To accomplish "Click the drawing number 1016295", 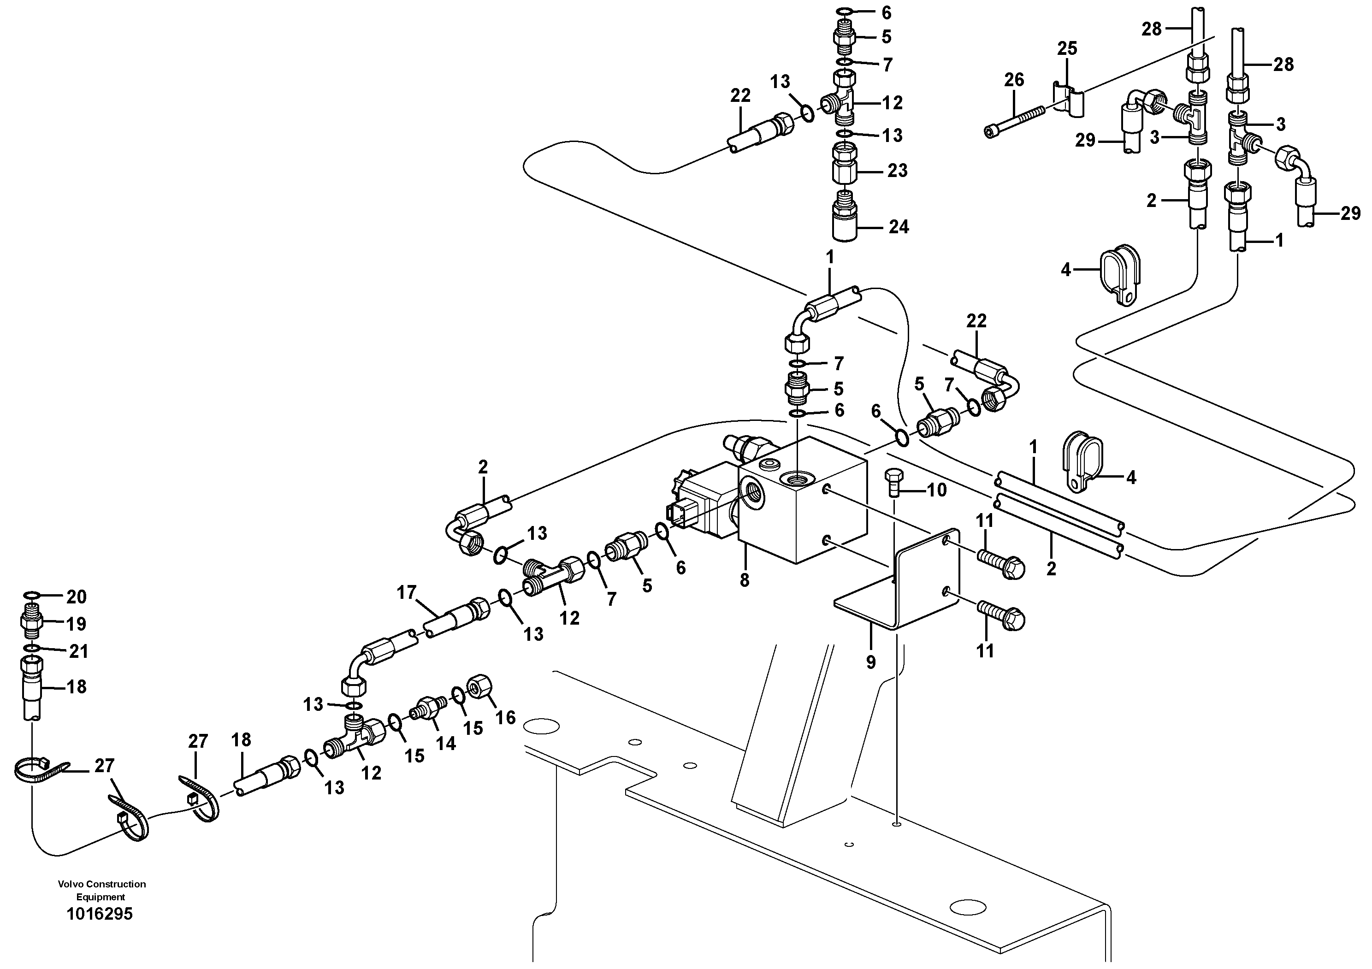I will pos(99,914).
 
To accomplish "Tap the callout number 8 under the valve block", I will pos(744,580).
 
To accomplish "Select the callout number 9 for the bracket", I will pos(871,662).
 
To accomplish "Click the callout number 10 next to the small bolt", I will pos(936,490).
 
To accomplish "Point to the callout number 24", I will pos(898,227).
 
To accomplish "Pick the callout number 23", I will pos(897,171).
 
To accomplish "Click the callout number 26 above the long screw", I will pos(1014,79).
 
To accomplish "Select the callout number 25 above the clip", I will pos(1067,48).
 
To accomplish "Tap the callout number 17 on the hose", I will pos(406,593).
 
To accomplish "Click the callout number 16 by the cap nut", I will pos(506,717).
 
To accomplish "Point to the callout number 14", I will pos(446,743).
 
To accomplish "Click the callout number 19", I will pos(76,624).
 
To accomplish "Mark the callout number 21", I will pos(78,651).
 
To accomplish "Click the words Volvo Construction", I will pos(101,884).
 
